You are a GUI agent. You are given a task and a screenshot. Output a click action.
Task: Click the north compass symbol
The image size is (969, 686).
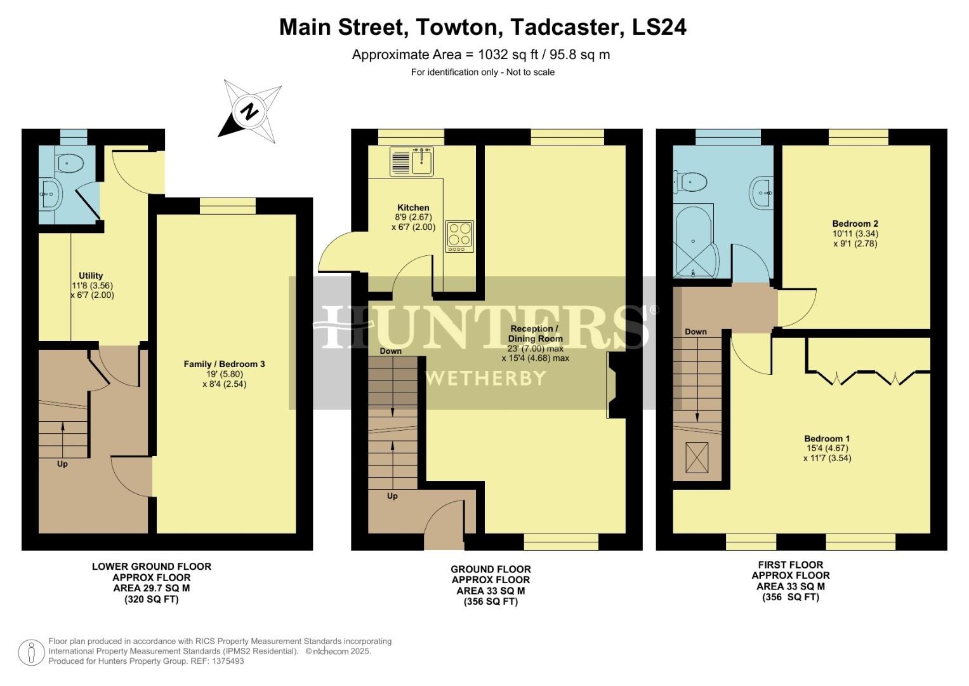250,112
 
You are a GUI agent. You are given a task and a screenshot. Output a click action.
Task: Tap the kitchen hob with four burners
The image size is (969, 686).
459,236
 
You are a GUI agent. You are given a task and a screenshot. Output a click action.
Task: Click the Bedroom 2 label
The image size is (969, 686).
855,224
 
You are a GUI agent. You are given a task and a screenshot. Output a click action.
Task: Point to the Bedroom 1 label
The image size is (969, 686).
826,438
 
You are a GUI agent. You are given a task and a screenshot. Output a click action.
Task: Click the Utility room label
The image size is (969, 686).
91,276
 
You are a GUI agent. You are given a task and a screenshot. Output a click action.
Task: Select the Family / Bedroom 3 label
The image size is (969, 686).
224,364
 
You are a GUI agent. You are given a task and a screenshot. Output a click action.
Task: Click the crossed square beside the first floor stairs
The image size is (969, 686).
697,457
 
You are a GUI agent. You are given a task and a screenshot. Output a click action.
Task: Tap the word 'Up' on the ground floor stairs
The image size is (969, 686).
392,495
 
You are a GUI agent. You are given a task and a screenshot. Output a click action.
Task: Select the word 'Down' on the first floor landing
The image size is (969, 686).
695,332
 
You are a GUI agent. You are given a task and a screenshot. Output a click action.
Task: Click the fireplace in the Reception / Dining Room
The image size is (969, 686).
615,385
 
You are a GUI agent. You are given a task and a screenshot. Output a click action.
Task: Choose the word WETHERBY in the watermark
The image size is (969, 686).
485,379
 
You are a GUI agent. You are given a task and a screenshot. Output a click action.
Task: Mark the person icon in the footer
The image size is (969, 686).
31,652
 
